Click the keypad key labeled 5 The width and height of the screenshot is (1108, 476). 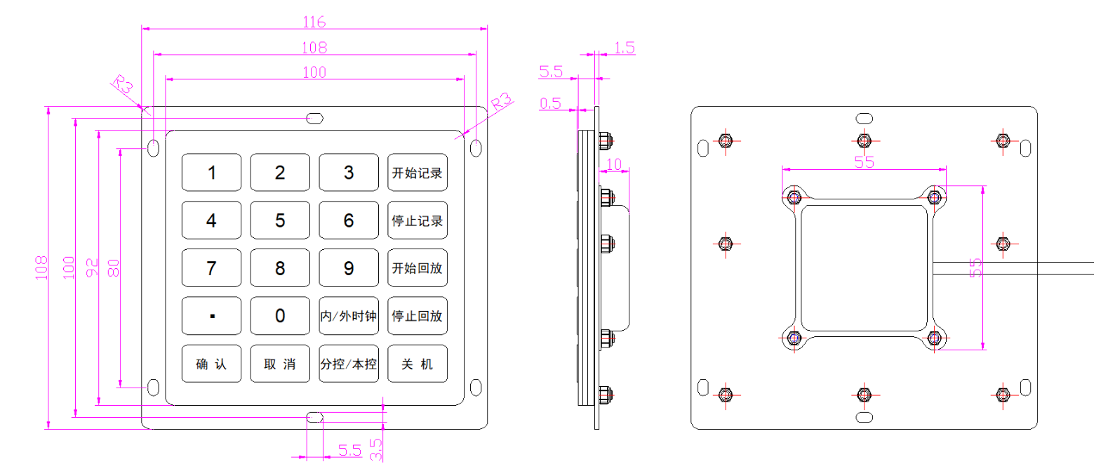click(280, 220)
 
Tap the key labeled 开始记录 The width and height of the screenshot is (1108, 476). click(418, 173)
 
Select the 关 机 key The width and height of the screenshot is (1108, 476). click(418, 364)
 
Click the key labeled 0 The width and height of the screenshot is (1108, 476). click(280, 316)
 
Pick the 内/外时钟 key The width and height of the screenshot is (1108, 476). click(349, 316)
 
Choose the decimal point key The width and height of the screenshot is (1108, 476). click(211, 316)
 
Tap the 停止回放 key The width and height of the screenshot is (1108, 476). click(418, 316)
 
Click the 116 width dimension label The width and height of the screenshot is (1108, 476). click(314, 22)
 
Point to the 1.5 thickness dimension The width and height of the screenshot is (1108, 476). click(624, 48)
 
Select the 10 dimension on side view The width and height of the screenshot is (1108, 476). click(614, 164)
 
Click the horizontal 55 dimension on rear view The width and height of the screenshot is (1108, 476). click(864, 162)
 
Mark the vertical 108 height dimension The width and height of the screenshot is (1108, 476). click(41, 267)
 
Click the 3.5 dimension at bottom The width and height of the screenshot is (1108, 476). click(375, 449)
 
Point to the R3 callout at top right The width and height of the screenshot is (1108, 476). click(501, 102)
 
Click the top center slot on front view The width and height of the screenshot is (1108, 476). click(315, 118)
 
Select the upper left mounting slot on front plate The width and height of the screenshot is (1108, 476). click(154, 148)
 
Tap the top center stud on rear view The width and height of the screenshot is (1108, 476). click(865, 141)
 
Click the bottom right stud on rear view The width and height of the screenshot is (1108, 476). click(1003, 395)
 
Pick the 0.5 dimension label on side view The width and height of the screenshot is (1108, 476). click(550, 103)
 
